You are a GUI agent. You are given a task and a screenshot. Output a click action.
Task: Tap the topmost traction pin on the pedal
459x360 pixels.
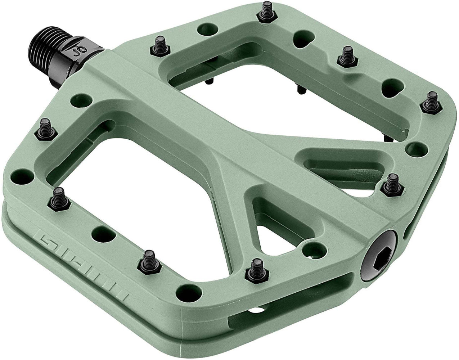click(267, 9)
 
